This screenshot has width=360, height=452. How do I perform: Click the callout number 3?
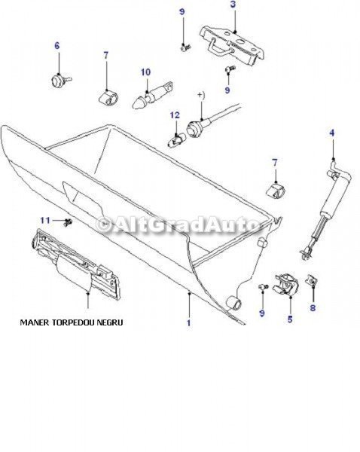[x=233, y=5]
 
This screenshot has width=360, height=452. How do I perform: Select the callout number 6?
[x=57, y=45]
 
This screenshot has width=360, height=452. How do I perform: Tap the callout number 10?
[x=145, y=72]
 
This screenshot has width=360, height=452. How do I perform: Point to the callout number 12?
[x=175, y=115]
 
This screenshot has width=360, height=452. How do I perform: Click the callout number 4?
[x=332, y=133]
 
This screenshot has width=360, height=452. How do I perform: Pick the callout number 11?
[x=45, y=221]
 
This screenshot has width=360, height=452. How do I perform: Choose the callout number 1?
[x=189, y=322]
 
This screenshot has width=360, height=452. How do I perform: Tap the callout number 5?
[x=290, y=319]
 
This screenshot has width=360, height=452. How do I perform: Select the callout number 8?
[x=313, y=307]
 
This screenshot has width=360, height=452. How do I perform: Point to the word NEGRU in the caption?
[x=110, y=322]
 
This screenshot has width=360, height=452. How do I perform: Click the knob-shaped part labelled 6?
[x=59, y=80]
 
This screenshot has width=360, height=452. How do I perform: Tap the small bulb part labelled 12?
[x=175, y=141]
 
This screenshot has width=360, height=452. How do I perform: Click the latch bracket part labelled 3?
[x=232, y=44]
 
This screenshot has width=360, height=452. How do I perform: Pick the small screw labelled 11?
[x=69, y=222]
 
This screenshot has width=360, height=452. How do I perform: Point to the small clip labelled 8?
[x=312, y=279]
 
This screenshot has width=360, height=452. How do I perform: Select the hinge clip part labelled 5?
[x=286, y=284]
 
